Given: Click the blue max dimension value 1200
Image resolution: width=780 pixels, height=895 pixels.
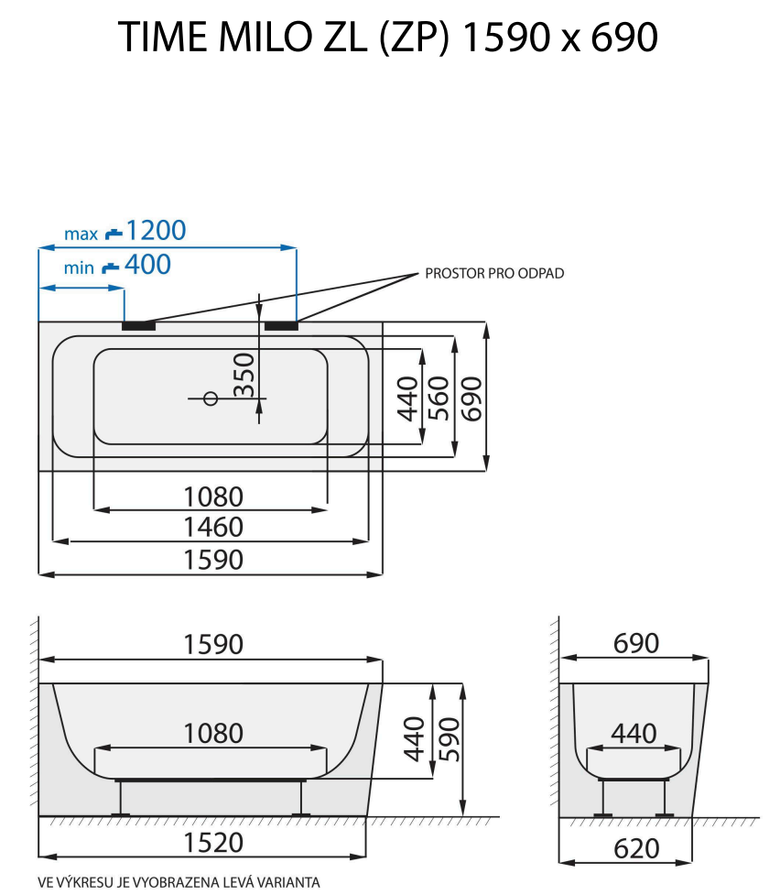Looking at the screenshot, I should point(155,230).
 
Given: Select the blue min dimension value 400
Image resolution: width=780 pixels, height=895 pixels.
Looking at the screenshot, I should point(146,266).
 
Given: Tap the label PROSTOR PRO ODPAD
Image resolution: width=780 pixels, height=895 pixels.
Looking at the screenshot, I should point(494,274).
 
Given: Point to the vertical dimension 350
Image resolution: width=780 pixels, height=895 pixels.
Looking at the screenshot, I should point(244,374).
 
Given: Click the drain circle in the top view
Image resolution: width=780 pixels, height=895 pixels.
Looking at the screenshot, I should point(210,398).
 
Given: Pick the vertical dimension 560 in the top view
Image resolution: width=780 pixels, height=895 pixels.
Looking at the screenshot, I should point(439,396).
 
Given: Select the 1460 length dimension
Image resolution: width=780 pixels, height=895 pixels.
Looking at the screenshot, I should point(213,528).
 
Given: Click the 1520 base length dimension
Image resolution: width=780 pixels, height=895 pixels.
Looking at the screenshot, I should point(213,842).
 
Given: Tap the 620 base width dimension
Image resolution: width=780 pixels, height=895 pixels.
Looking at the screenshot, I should point(635,848).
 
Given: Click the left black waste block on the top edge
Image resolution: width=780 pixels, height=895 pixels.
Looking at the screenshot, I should point(139,324).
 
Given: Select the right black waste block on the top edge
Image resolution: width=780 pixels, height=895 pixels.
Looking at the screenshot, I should point(280,324).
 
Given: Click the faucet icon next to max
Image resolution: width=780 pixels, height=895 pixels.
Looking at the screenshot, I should point(114,233).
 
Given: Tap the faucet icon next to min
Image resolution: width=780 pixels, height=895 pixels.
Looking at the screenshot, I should point(110,267).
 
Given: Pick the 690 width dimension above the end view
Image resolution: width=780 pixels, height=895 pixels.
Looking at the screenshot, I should point(635,644).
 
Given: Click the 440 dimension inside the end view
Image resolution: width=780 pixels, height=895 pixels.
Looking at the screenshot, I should point(634,734).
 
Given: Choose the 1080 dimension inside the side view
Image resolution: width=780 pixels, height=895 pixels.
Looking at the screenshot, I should point(213,734).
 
